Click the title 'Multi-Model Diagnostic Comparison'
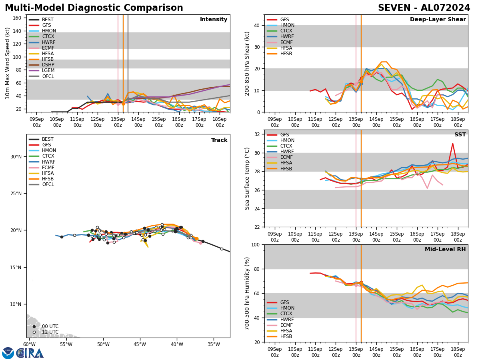pos(94,8)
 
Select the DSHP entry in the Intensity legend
pos(48,65)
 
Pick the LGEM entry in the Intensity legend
pos(48,70)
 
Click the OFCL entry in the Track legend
pos(48,184)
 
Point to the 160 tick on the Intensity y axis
pos(18,18)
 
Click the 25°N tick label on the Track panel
pos(16,194)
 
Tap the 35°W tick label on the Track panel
pos(214,344)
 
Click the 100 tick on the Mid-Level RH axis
pos(255,244)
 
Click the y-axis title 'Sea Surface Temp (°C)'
pos(248,178)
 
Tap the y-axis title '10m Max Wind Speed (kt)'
pos(8,63)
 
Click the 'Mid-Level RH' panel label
pos(445,250)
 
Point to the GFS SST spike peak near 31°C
pos(453,143)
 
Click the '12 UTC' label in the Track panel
pos(50,332)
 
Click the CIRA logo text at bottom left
pos(30,353)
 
